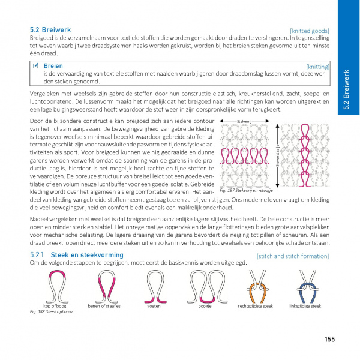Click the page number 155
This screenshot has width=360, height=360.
click(329, 339)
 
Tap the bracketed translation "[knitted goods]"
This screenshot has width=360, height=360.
click(310, 31)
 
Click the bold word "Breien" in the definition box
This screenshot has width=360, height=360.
click(53, 66)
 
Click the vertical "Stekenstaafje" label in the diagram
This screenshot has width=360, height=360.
click(277, 154)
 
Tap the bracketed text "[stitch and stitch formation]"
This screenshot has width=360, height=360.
click(293, 256)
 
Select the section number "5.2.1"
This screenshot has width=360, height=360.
click(38, 256)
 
